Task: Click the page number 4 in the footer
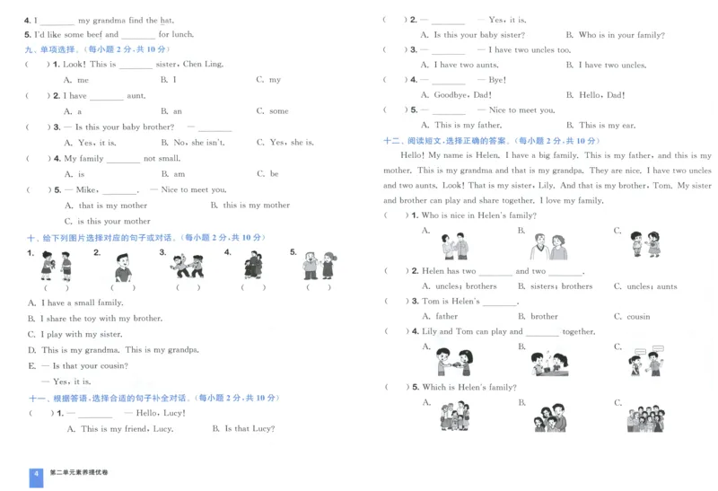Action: click(36, 473)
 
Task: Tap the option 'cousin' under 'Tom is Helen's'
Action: click(638, 317)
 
